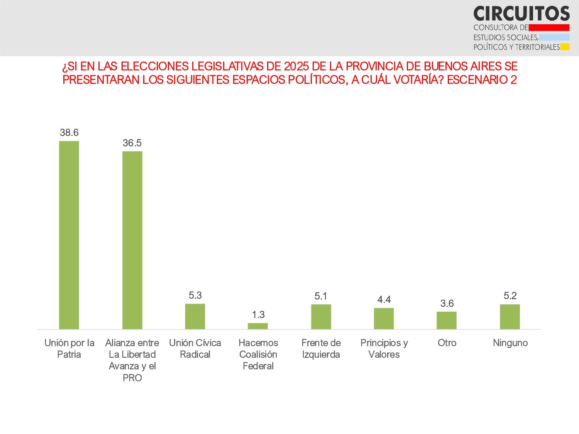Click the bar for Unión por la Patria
(x=69, y=235)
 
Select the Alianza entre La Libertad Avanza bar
(x=132, y=240)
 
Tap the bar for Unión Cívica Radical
(x=195, y=316)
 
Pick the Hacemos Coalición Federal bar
(x=258, y=326)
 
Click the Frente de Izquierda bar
(x=321, y=317)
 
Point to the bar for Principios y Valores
(x=384, y=318)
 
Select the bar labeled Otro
(x=447, y=320)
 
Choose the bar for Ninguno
(x=510, y=317)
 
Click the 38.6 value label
(x=69, y=133)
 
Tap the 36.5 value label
(x=132, y=143)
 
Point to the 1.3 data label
(x=258, y=315)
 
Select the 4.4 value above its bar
(x=384, y=300)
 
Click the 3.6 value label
(x=447, y=304)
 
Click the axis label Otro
(x=447, y=343)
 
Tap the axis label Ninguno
(x=510, y=343)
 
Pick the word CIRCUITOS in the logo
(x=521, y=14)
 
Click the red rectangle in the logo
(x=549, y=27)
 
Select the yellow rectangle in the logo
(x=565, y=47)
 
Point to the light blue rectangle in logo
(x=554, y=37)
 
